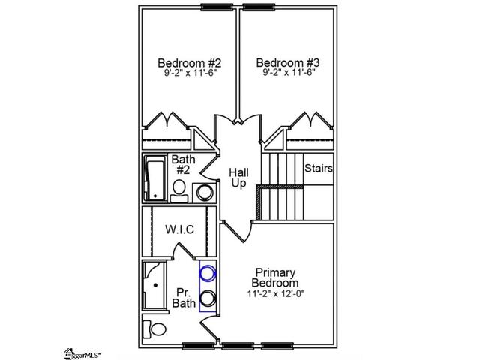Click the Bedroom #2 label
(189, 63)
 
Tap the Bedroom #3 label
(288, 63)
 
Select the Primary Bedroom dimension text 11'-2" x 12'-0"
(276, 293)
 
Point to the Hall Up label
(238, 178)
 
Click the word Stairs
(319, 168)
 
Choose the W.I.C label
(180, 229)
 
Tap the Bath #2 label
(183, 164)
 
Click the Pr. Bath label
(184, 298)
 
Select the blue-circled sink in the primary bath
(208, 273)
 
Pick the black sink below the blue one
(208, 298)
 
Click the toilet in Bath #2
(179, 191)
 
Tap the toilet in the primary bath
(154, 329)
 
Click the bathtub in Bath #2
(155, 178)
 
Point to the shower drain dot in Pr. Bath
(155, 285)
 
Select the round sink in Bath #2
(204, 193)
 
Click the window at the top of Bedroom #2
(217, 7)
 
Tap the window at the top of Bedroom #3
(259, 7)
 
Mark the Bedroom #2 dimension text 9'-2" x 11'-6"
(190, 73)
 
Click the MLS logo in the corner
(82, 354)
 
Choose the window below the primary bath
(198, 346)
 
